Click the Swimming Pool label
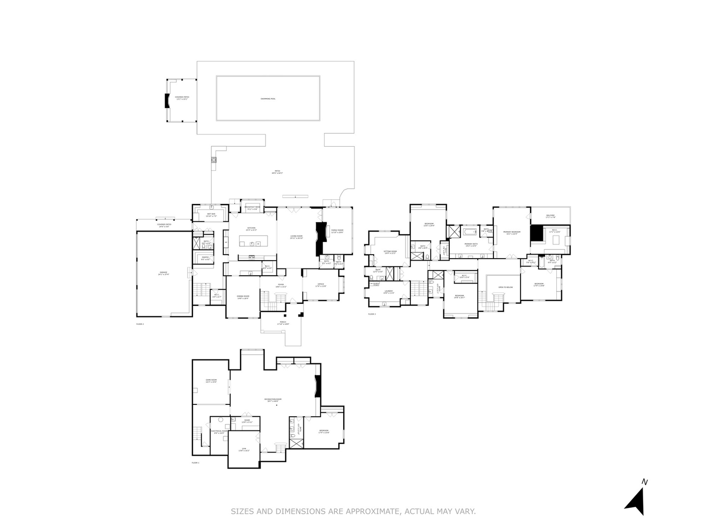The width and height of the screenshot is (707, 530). coord(268,99)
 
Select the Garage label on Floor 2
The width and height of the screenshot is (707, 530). coord(163,273)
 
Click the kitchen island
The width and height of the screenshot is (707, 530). coord(251,241)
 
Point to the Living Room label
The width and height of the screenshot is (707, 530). coord(296,237)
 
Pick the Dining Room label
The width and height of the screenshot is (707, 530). coord(243,297)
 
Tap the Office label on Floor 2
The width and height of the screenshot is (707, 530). coord(321,285)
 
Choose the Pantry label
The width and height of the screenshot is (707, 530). coord(205,258)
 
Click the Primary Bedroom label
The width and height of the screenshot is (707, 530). coord(512,233)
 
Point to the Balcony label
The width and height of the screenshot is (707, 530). coord(550,216)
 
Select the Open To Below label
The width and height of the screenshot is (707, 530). coord(505,287)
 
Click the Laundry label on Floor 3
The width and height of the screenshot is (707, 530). coord(388,292)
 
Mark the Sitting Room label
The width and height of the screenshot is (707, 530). coord(390,252)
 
